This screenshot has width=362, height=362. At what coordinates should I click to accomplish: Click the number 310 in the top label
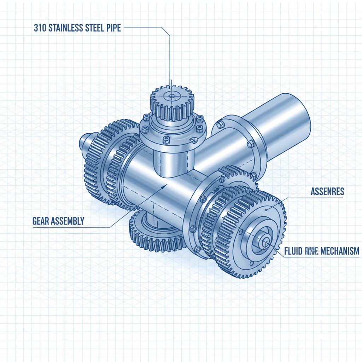[x=40, y=28]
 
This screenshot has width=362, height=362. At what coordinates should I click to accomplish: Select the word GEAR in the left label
[x=41, y=221]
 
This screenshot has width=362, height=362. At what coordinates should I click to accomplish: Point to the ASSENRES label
[x=327, y=192]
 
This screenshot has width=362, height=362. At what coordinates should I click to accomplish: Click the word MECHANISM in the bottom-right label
[x=340, y=251]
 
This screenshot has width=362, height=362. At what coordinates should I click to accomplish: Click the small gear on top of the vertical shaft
[x=173, y=103]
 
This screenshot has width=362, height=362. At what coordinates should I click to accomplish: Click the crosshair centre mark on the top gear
[x=172, y=95]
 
